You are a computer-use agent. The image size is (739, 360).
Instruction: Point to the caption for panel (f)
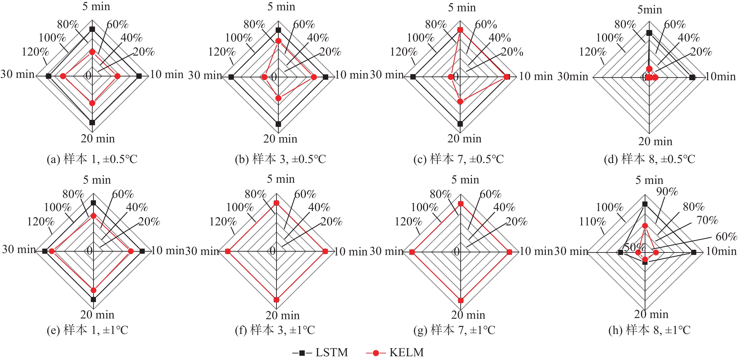pyautogui.click(x=275, y=330)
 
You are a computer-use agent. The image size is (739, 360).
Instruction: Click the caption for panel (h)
pyautogui.click(x=649, y=330)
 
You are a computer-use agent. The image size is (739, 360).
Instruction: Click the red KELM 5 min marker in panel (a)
pyautogui.click(x=92, y=52)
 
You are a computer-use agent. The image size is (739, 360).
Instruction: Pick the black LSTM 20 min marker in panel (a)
pyautogui.click(x=92, y=122)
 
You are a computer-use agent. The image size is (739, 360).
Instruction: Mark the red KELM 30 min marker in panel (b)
pyautogui.click(x=264, y=77)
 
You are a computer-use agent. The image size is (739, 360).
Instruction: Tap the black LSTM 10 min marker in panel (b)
pyautogui.click(x=325, y=77)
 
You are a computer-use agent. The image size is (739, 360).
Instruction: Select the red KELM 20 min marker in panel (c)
pyautogui.click(x=460, y=102)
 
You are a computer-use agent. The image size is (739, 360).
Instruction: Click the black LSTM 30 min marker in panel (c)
pyautogui.click(x=413, y=77)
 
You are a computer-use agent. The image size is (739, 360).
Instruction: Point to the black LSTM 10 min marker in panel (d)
pyautogui.click(x=692, y=77)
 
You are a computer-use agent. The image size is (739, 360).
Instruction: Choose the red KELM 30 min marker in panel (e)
pyautogui.click(x=52, y=251)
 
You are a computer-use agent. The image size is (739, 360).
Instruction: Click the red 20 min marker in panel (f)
pyautogui.click(x=276, y=300)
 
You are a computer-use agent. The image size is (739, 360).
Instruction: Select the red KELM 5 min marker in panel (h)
pyautogui.click(x=645, y=226)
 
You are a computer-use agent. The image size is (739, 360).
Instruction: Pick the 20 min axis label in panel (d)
pyautogui.click(x=655, y=141)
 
